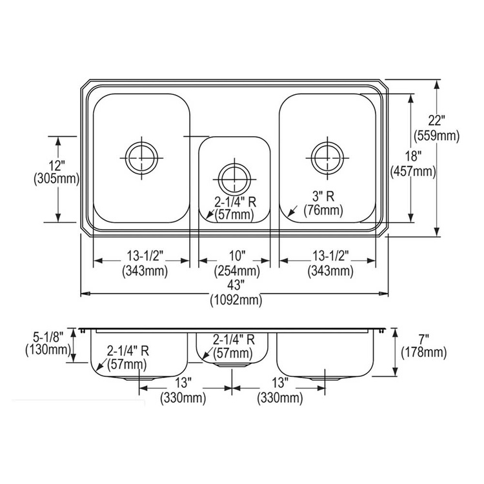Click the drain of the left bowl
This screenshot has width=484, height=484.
[142, 158]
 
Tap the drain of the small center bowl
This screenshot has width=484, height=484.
[234, 179]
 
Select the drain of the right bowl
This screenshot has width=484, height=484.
[327, 158]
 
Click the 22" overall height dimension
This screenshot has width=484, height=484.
[436, 121]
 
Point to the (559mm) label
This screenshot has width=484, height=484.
[436, 136]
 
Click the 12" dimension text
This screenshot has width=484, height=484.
[57, 166]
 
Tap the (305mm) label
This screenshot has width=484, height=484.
[57, 179]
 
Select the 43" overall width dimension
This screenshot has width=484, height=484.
[236, 285]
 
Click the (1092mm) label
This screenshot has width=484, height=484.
[236, 299]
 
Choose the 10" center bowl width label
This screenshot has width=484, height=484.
[237, 256]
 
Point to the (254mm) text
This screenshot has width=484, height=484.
[237, 271]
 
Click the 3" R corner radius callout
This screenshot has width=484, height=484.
[323, 196]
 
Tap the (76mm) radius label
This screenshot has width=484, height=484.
[323, 210]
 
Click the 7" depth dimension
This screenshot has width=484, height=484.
[424, 339]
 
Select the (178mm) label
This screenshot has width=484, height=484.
[424, 352]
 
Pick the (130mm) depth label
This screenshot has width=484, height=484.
[48, 350]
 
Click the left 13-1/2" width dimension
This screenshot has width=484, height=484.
[145, 256]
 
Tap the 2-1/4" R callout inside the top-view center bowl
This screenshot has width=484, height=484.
[236, 203]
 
